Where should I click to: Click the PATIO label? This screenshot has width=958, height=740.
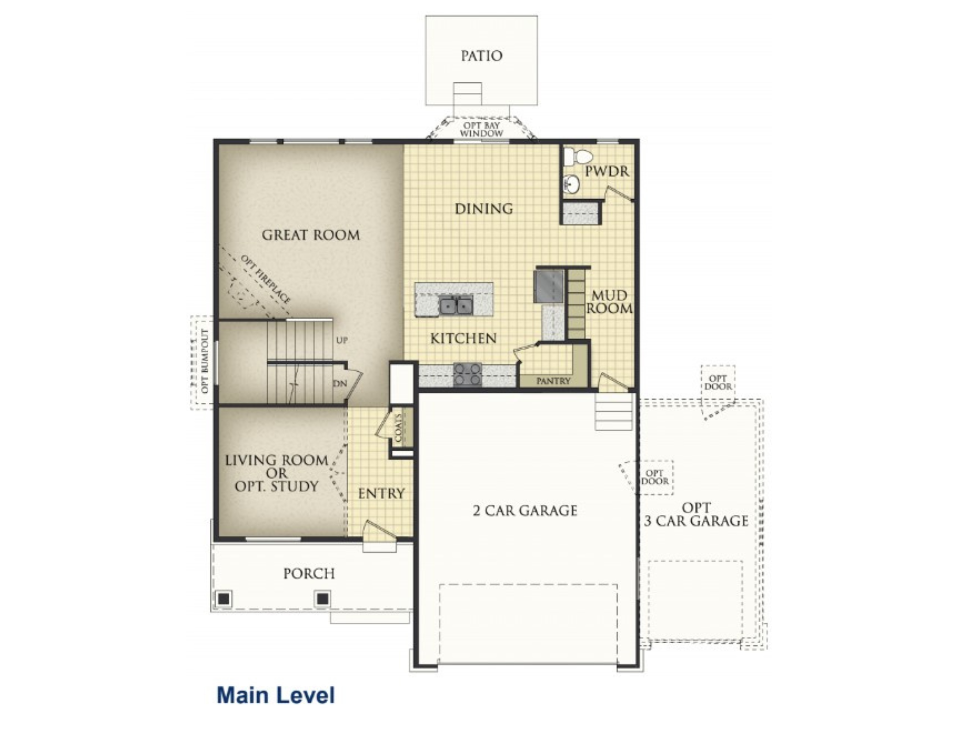coord(481,56)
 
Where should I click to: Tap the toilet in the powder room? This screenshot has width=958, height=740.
coord(578,157)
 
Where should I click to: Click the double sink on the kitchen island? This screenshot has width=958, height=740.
coord(456,305)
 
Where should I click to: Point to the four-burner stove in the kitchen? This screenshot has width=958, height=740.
coord(468,375)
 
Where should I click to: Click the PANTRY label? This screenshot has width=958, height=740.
coord(553,381)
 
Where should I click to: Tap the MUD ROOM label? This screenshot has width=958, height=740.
coord(609,302)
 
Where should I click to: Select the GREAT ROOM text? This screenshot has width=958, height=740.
coord(311,235)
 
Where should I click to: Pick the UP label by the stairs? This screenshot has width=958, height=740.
coord(342,340)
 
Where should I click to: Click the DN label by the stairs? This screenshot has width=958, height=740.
coord(340,383)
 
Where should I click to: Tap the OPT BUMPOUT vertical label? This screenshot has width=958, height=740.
coord(205,361)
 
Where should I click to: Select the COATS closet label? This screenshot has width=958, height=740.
coord(399,427)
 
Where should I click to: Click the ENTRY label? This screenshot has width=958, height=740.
coord(381,493)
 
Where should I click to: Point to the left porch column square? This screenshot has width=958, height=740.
coord(224,599)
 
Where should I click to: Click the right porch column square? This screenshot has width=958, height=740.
coord(323,599)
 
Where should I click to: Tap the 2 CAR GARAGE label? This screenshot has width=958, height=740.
coord(525,511)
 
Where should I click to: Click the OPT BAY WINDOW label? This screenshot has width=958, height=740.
coord(481,129)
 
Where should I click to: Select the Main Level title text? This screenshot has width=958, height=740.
coord(275,695)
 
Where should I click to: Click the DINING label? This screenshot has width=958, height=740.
coord(484,209)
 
